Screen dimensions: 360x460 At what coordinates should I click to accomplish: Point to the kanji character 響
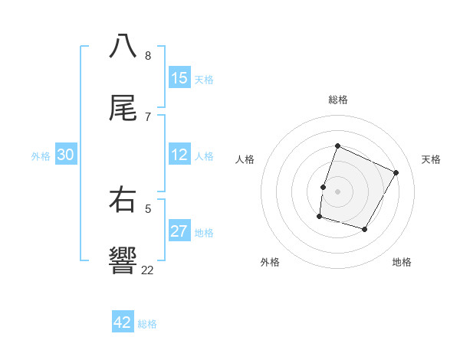[x=123, y=260]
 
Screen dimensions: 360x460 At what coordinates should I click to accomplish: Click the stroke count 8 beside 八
[x=147, y=55]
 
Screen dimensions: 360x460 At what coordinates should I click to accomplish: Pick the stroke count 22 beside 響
[x=147, y=270]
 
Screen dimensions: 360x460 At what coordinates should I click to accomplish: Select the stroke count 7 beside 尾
[x=147, y=116]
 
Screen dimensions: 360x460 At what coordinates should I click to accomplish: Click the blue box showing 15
[x=179, y=78]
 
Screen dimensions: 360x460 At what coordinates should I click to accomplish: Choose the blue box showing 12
[x=179, y=155]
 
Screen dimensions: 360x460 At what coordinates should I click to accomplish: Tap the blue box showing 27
[x=179, y=231]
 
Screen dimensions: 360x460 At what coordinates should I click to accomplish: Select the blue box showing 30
[x=65, y=155]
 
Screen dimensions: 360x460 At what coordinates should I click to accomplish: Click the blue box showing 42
[x=123, y=322]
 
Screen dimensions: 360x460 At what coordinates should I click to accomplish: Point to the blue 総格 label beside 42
[x=147, y=324]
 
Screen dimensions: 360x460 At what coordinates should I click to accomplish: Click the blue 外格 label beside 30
[x=41, y=156]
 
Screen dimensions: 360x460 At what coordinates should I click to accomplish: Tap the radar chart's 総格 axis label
[x=338, y=100]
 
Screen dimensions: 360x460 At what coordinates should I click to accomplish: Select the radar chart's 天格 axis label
[x=431, y=159]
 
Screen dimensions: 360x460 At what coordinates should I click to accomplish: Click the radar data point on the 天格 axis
[x=396, y=172]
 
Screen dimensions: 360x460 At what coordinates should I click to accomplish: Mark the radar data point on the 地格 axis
[x=365, y=229]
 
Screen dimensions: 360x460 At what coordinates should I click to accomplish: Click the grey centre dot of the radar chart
[x=338, y=191]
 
